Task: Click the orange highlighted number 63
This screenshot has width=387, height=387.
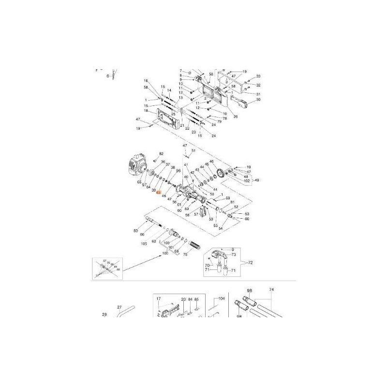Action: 158,192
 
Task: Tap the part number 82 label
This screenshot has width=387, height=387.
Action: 162,154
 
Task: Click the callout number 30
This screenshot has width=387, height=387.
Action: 258,100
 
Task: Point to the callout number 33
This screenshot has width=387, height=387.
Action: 258,76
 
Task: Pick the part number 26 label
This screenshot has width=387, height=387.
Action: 236,116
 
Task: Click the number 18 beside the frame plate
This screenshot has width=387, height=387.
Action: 145,111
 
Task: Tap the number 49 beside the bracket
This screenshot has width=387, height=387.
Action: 257,180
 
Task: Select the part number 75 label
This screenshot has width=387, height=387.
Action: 184,254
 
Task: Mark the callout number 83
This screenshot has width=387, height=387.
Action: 136,231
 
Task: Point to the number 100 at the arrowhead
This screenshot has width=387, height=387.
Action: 165,253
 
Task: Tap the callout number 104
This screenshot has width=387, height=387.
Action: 222,298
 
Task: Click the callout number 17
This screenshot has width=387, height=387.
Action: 158,298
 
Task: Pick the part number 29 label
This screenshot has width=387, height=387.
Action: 104,315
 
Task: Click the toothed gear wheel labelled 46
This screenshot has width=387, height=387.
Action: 224,173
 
